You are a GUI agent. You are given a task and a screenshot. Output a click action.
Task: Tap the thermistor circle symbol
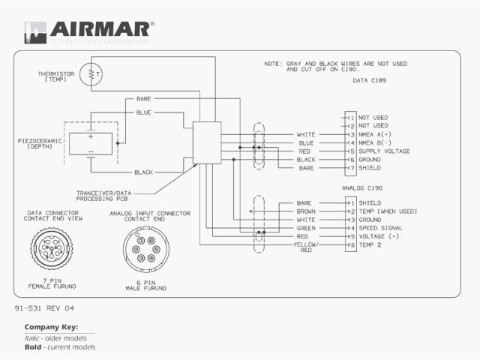pos(93,74)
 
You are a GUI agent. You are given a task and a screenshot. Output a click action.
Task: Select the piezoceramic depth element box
pos(91,143)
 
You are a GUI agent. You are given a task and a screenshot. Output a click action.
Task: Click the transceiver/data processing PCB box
pos(207,142)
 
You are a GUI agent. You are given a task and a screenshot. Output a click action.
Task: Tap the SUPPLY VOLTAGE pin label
pos(383,151)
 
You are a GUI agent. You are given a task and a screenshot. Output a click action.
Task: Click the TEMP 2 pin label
pos(370,245)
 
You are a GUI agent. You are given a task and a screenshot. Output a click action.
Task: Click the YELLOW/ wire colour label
pos(306,245)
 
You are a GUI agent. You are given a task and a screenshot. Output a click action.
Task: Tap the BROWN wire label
pos(305,211)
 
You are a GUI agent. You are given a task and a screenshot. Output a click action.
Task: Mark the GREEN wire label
pos(305,228)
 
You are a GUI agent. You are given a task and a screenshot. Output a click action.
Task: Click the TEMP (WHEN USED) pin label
pos(388,211)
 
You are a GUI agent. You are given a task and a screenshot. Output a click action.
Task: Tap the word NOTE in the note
pos(272,64)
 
